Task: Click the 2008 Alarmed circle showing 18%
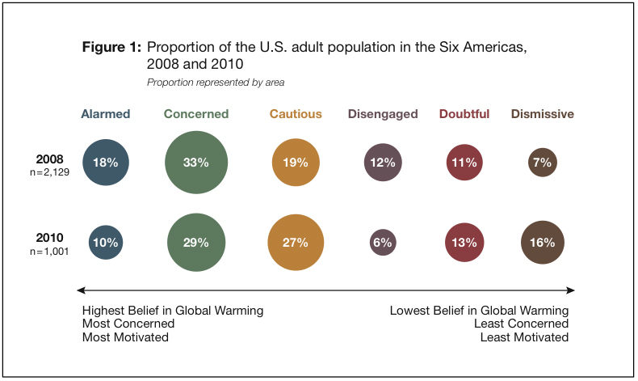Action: [x=106, y=162]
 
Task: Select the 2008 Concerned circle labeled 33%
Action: [x=196, y=162]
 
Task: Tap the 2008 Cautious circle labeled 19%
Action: [x=296, y=162]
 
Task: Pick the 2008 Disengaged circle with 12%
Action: [x=382, y=162]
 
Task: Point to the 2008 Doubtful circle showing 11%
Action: [x=464, y=162]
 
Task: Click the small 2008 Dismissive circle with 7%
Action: [x=542, y=162]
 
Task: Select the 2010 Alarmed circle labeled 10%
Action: [x=106, y=242]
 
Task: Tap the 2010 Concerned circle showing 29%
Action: [x=196, y=242]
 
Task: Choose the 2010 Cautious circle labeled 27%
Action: [x=296, y=242]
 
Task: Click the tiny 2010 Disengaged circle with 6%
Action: [x=382, y=242]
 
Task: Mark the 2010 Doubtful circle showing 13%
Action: [x=464, y=242]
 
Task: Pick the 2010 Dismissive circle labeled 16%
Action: [x=542, y=242]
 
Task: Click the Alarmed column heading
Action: [x=106, y=114]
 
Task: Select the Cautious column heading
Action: [x=296, y=114]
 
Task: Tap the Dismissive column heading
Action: [x=542, y=114]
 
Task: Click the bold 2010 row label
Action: [x=50, y=238]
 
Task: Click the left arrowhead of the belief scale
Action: [x=79, y=290]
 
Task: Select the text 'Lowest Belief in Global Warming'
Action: [x=479, y=311]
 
